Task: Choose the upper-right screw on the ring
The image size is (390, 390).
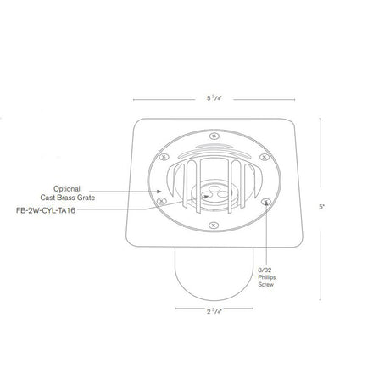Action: pos(265,155)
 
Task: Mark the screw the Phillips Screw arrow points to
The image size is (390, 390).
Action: pos(266,202)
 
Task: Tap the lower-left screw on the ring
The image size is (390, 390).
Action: pos(159,203)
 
